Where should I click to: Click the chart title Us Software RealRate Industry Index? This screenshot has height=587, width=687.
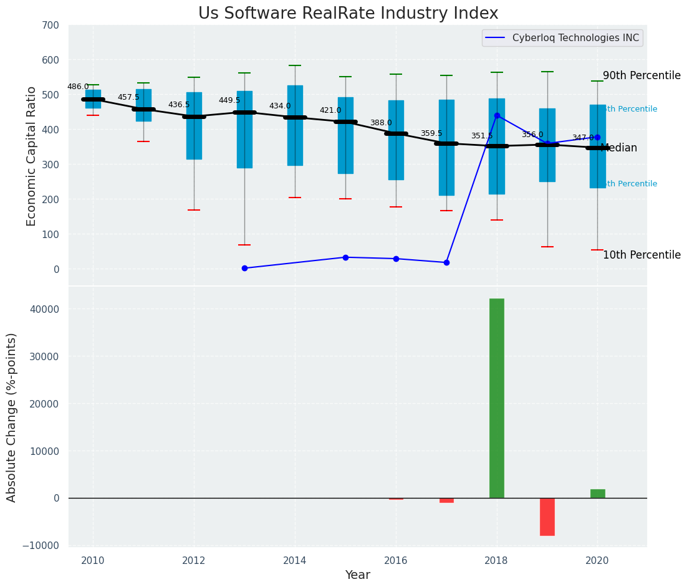[x=348, y=14]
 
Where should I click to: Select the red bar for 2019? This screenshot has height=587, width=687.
[x=547, y=517]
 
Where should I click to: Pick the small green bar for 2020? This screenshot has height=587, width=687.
[x=598, y=494]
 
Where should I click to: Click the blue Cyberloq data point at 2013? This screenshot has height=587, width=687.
[x=244, y=268]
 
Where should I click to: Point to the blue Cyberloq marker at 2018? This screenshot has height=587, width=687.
[x=497, y=115]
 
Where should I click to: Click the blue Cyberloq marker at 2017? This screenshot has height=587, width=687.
[x=446, y=262]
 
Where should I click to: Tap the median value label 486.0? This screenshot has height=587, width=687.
[x=78, y=87]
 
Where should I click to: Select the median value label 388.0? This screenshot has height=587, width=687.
[x=381, y=123]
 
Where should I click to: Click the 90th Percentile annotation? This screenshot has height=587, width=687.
[x=641, y=75]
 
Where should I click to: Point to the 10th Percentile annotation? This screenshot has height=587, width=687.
[x=641, y=255]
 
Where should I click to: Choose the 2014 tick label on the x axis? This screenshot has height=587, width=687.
[x=295, y=561]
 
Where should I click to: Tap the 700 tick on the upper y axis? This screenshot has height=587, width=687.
[x=50, y=25]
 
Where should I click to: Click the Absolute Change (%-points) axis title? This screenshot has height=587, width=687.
[x=12, y=417]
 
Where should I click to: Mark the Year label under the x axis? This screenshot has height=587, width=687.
[x=358, y=575]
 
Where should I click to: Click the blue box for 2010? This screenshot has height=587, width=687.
[x=93, y=100]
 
